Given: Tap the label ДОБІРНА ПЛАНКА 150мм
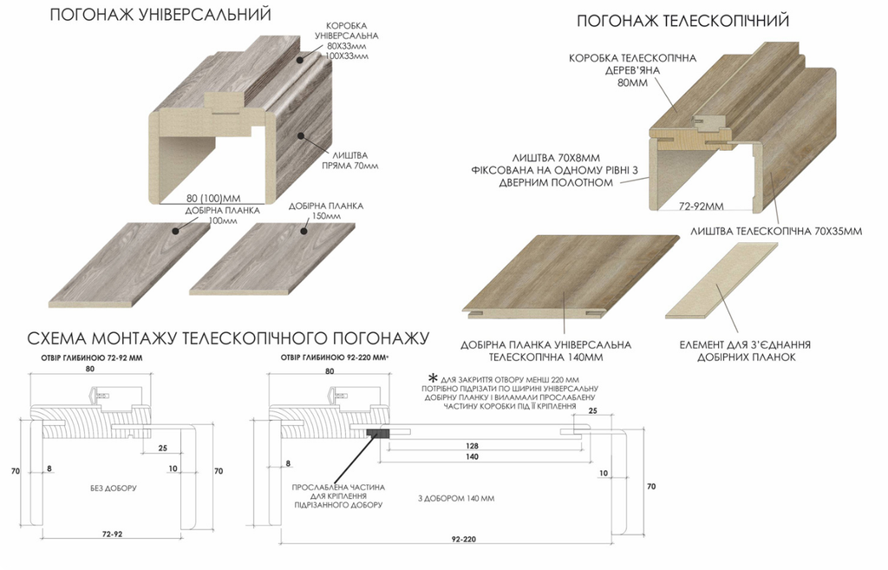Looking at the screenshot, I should [326, 212].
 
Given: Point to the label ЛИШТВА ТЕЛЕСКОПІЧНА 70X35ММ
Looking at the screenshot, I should [776, 232].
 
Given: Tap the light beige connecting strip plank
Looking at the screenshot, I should [721, 280].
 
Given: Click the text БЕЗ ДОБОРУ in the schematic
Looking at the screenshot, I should [114, 488].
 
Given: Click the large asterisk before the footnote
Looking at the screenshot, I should [433, 377].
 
